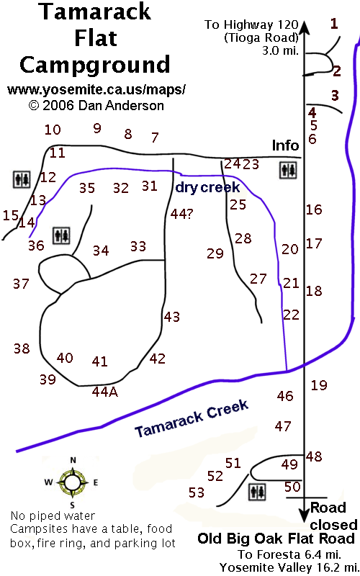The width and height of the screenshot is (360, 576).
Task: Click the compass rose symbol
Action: tap(73, 482)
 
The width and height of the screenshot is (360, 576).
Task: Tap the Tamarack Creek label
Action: tap(192, 418)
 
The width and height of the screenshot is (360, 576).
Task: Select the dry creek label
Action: tap(207, 187)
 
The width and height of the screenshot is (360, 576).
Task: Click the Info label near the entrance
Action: tap(285, 145)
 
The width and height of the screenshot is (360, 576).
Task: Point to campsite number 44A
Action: tap(104, 392)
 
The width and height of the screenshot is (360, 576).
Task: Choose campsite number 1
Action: tap(334, 24)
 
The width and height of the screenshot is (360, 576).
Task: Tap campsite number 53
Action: tap(196, 492)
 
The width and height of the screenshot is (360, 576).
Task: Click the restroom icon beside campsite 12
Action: tap(22, 179)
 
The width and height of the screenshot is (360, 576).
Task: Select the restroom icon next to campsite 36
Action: tap(61, 235)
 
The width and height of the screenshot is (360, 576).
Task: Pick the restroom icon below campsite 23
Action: tap(288, 170)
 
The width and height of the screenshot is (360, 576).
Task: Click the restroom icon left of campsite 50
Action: tap(258, 492)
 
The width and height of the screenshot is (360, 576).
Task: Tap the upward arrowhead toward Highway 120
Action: tap(304, 27)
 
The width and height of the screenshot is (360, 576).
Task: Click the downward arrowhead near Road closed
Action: tap(304, 515)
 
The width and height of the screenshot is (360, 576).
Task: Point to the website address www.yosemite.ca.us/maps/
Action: tap(96, 89)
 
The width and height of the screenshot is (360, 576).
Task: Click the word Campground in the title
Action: tap(95, 65)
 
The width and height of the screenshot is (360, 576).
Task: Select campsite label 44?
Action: tap(181, 214)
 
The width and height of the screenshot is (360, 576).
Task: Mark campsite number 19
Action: tap(319, 385)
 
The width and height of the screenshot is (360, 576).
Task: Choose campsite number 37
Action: tap(21, 284)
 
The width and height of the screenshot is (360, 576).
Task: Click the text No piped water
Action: tap(53, 516)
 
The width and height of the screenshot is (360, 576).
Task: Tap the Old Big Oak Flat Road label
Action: tap(276, 539)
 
